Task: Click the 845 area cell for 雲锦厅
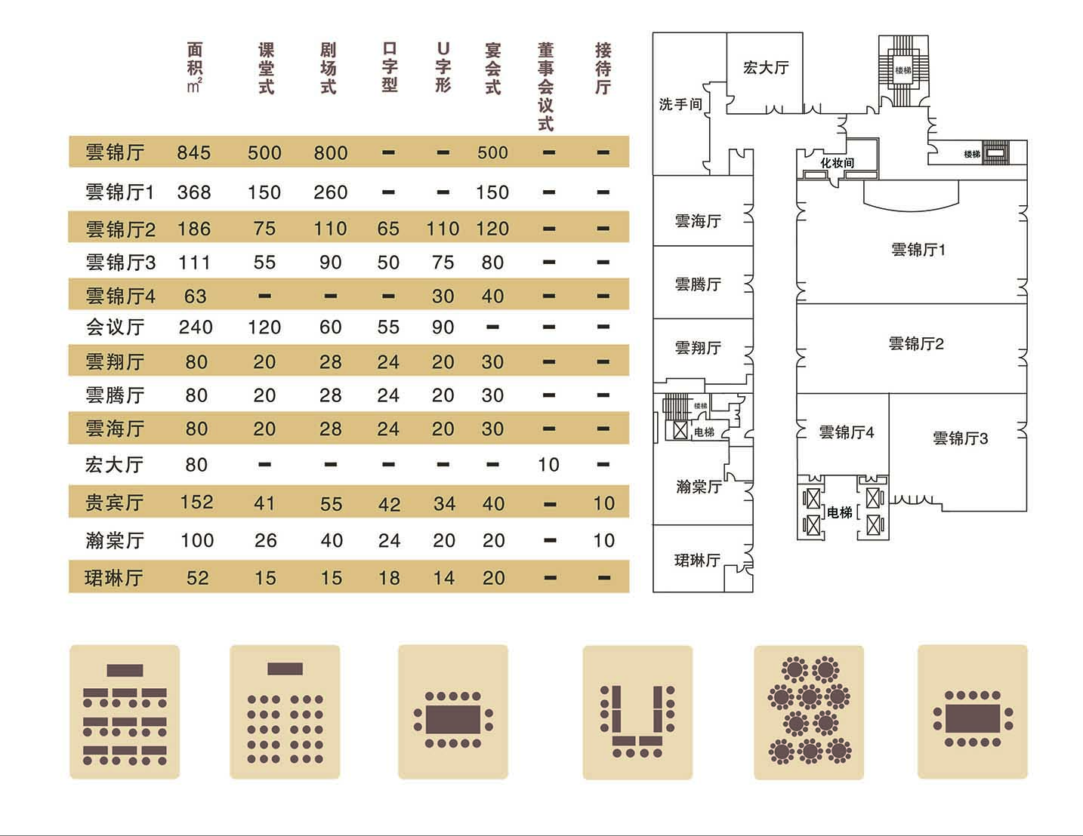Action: (194, 152)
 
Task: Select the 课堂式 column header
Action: (266, 69)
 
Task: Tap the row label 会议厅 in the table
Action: (115, 327)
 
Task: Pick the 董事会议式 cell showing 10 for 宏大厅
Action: (548, 465)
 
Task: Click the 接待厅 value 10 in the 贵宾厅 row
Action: (603, 503)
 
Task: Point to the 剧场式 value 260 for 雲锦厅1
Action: (330, 192)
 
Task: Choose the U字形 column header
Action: (443, 68)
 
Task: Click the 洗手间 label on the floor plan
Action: (680, 104)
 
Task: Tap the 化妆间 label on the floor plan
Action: (838, 163)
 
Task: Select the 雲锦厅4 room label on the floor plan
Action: (846, 432)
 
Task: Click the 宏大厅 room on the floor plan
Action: (765, 68)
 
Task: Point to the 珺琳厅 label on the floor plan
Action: (696, 561)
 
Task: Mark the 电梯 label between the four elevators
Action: (840, 513)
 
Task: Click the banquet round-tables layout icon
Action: (809, 712)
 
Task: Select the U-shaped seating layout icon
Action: (637, 712)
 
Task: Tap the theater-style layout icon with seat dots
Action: (285, 712)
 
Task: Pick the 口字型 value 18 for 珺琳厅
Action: (389, 578)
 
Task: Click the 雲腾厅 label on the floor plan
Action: (697, 284)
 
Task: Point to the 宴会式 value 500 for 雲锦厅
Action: (492, 152)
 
